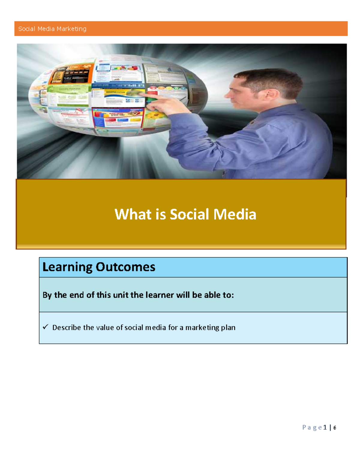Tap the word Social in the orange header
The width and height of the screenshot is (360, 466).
click(x=27, y=29)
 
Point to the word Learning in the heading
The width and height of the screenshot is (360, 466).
click(x=67, y=267)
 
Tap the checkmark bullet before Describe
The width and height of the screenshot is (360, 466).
click(x=46, y=327)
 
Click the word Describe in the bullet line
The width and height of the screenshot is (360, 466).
click(x=67, y=327)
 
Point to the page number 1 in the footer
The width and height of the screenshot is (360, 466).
click(x=325, y=427)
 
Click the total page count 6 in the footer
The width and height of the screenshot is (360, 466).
click(x=335, y=428)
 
